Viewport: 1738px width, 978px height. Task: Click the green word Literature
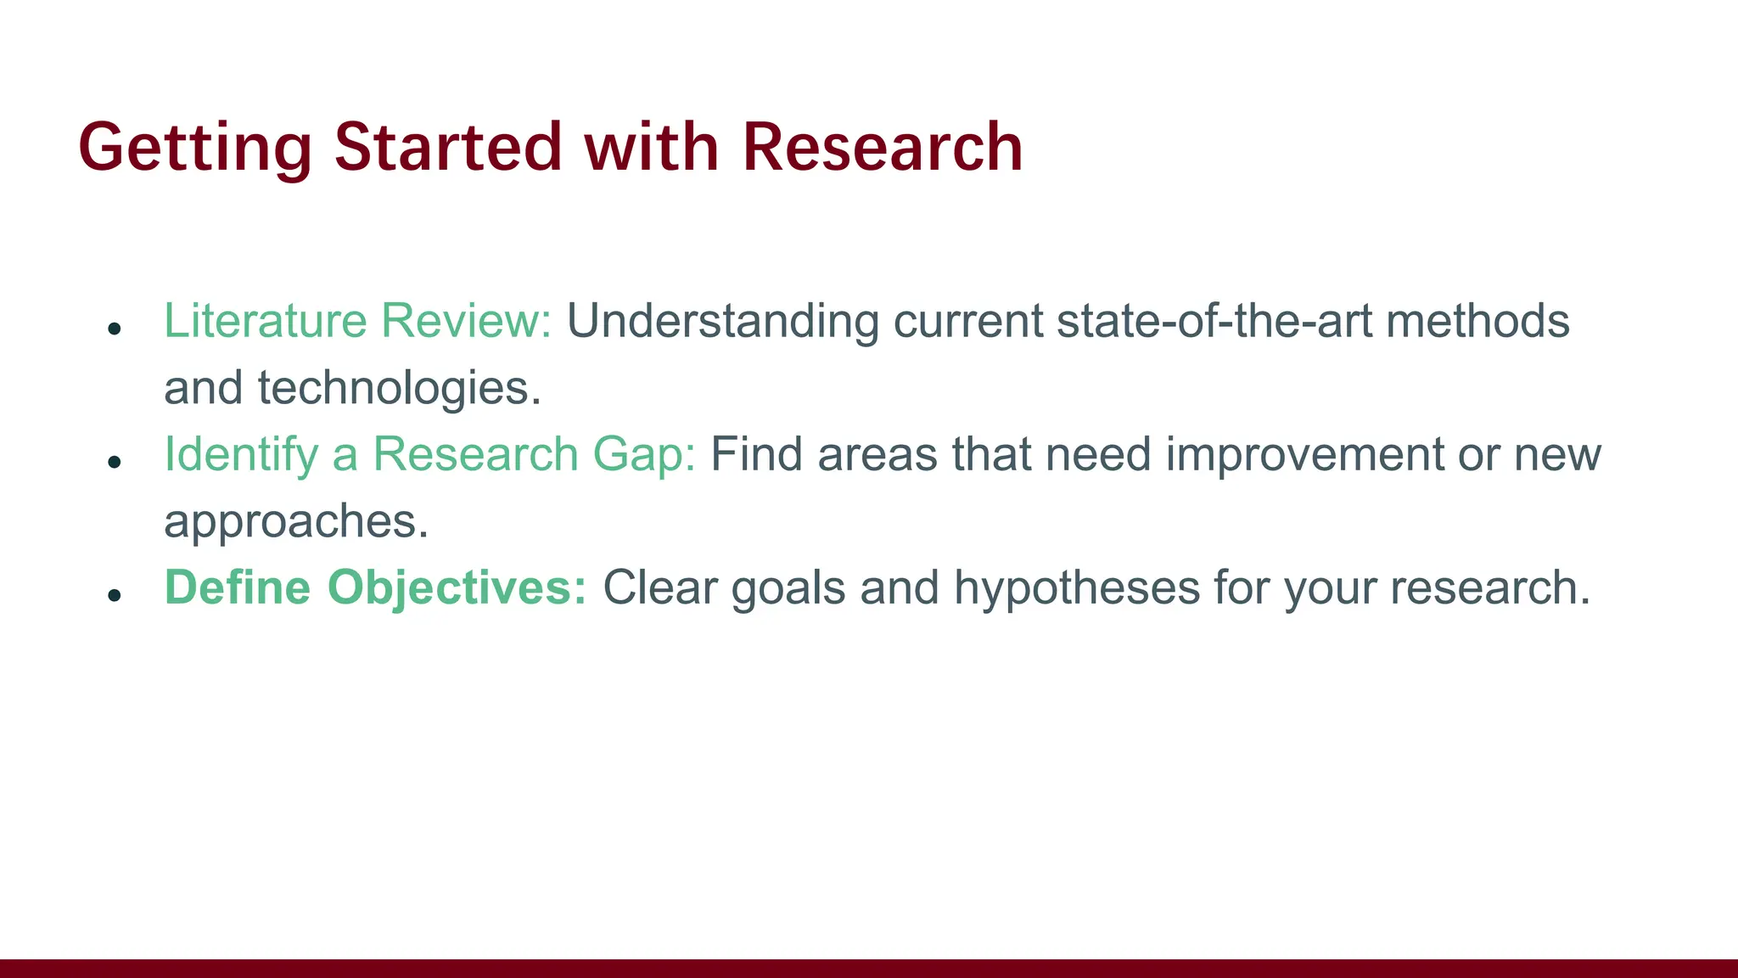click(265, 321)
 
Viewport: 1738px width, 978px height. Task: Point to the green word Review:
click(466, 321)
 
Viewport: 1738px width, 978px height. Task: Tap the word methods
click(1477, 321)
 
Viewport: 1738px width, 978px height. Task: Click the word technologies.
click(399, 389)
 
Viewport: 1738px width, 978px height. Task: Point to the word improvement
click(1304, 455)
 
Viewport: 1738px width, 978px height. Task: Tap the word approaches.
click(296, 522)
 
